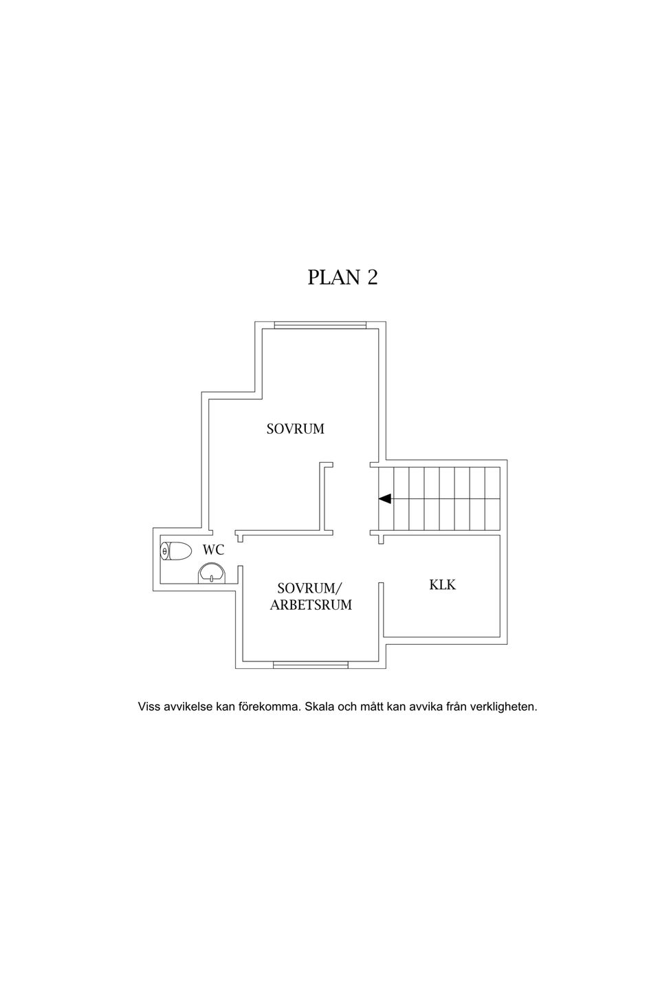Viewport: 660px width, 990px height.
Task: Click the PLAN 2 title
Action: point(342,278)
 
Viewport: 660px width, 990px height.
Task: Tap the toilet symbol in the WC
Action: point(175,551)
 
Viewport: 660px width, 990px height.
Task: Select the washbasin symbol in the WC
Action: point(212,573)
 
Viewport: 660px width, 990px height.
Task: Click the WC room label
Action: point(214,550)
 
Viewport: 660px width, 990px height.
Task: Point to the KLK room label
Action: point(442,584)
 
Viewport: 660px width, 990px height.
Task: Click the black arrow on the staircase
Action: point(384,498)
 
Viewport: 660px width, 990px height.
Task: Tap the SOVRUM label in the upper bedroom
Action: point(296,429)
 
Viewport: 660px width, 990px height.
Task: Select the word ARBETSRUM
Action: point(311,604)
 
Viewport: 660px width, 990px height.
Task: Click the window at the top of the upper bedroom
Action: point(320,325)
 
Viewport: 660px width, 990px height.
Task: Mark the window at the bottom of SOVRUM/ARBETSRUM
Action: point(310,665)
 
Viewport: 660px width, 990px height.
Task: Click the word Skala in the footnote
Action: point(320,706)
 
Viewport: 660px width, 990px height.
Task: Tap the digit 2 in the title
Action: point(372,278)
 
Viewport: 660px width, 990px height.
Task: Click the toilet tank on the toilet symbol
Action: point(165,551)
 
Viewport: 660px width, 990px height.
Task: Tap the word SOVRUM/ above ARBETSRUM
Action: point(310,588)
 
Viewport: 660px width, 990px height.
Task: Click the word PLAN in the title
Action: point(333,278)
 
